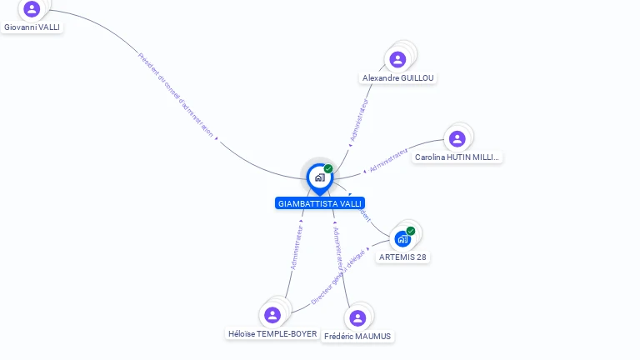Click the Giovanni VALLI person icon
[x=32, y=9]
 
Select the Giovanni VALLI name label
[x=32, y=27]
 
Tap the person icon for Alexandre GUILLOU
[x=397, y=59]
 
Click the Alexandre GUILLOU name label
[x=398, y=77]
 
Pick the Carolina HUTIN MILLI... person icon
[x=456, y=138]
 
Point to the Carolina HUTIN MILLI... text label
[x=457, y=157]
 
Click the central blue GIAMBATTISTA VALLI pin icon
[x=319, y=177]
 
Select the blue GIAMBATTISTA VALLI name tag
[x=320, y=203]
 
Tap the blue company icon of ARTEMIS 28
[x=402, y=239]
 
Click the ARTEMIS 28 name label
[x=402, y=257]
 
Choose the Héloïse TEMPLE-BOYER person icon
[x=272, y=315]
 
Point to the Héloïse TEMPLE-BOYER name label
[x=272, y=333]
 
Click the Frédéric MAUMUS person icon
[x=357, y=317]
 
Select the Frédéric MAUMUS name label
[x=357, y=336]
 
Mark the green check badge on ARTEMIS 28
[x=411, y=231]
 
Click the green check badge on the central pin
[x=328, y=169]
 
